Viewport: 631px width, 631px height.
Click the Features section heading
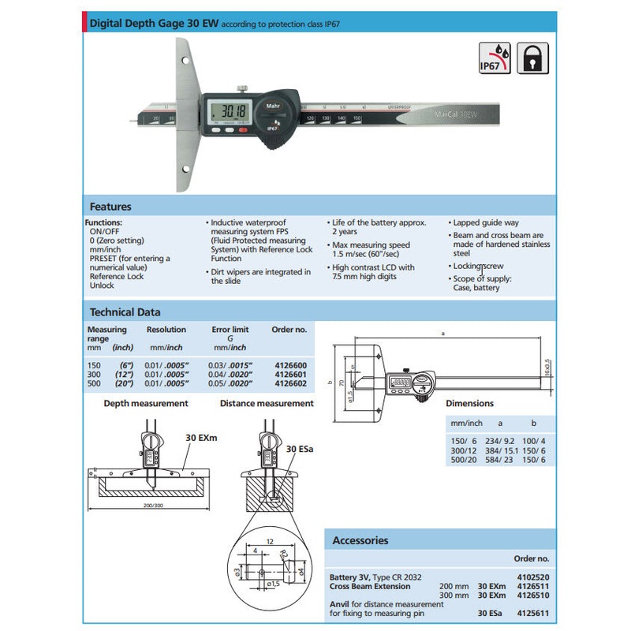[x=110, y=207]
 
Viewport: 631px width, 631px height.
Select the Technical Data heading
[x=125, y=312]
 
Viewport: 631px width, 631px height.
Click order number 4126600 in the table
[x=289, y=365]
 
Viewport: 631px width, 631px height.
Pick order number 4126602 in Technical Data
[x=289, y=383]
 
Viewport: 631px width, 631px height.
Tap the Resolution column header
[x=166, y=330]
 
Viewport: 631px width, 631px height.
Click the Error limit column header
[x=230, y=330]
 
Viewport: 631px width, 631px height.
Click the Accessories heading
[x=360, y=540]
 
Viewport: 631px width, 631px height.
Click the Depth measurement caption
[x=146, y=403]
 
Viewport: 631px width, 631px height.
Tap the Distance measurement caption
[x=267, y=403]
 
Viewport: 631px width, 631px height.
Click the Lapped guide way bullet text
[x=486, y=223]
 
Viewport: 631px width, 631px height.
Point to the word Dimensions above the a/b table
[x=469, y=403]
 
